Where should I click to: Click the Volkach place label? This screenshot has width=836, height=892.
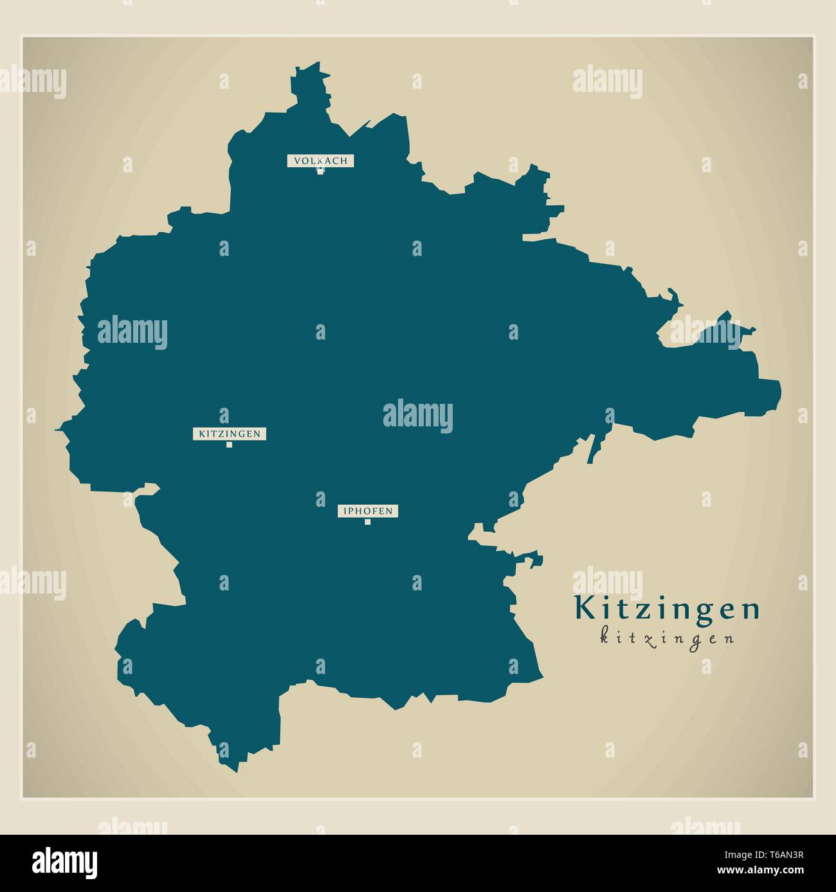click(x=320, y=161)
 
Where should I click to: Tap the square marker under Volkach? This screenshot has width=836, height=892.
click(x=320, y=171)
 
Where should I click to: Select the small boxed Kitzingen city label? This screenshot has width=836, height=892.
click(x=230, y=434)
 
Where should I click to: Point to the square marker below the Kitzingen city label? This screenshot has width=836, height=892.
click(x=229, y=444)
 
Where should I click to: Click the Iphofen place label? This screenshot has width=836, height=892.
click(x=368, y=512)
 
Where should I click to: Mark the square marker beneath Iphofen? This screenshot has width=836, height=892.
click(x=368, y=522)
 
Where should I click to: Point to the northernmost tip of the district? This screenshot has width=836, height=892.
click(x=316, y=64)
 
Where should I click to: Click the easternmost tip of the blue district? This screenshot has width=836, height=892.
click(x=781, y=389)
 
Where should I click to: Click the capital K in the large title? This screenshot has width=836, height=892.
click(x=583, y=609)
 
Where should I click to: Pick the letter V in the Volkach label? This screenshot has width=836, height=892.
click(x=298, y=161)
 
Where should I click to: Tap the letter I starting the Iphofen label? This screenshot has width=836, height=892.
click(x=346, y=512)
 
